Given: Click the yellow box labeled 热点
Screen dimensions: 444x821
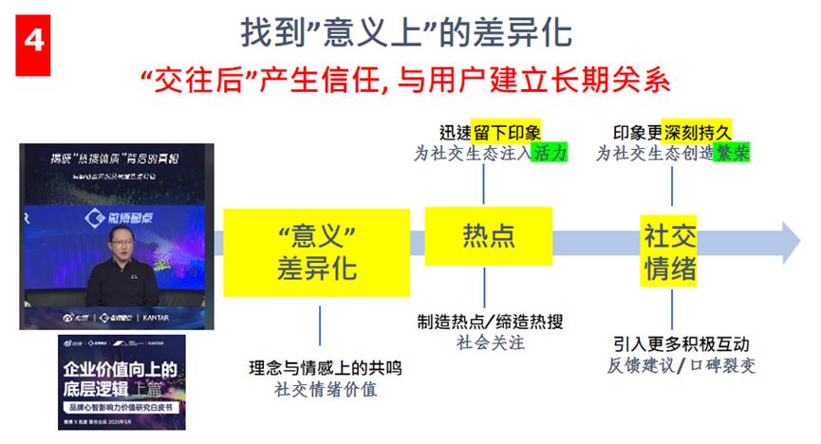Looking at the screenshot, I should (x=487, y=234).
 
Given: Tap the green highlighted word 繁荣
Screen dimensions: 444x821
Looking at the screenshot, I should (x=731, y=152).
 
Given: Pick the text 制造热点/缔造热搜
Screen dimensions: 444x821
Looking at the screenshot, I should (x=490, y=322).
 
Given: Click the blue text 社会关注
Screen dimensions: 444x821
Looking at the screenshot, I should (x=490, y=342).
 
